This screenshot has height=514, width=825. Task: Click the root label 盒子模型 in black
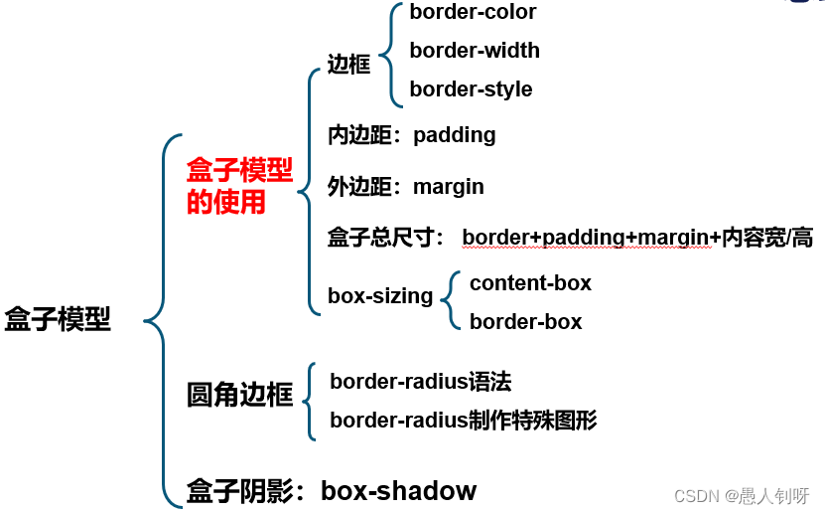pyautogui.click(x=58, y=320)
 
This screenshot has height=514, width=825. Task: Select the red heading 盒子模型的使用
pyautogui.click(x=239, y=186)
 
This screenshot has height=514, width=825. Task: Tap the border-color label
pyautogui.click(x=473, y=12)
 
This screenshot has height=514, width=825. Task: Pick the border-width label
pyautogui.click(x=475, y=50)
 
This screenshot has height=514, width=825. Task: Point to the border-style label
pyautogui.click(x=471, y=89)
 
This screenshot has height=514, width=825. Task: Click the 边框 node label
pyautogui.click(x=348, y=65)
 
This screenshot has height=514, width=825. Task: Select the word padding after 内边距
pyautogui.click(x=454, y=134)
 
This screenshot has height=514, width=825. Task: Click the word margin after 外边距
pyautogui.click(x=448, y=186)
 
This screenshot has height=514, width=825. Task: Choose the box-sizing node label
pyautogui.click(x=380, y=296)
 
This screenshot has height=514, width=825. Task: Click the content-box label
pyautogui.click(x=530, y=283)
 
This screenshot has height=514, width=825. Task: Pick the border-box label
pyautogui.click(x=525, y=322)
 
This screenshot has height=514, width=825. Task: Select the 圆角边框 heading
pyautogui.click(x=239, y=395)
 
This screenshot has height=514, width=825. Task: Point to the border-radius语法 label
pyautogui.click(x=420, y=381)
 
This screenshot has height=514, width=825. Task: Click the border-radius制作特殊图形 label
pyautogui.click(x=463, y=420)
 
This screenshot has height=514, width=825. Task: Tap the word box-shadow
pyautogui.click(x=398, y=491)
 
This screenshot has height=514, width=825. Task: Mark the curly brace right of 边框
pyautogui.click(x=393, y=53)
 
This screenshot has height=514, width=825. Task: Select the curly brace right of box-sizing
pyautogui.click(x=452, y=301)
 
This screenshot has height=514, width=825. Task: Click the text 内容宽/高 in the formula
pyautogui.click(x=766, y=238)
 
